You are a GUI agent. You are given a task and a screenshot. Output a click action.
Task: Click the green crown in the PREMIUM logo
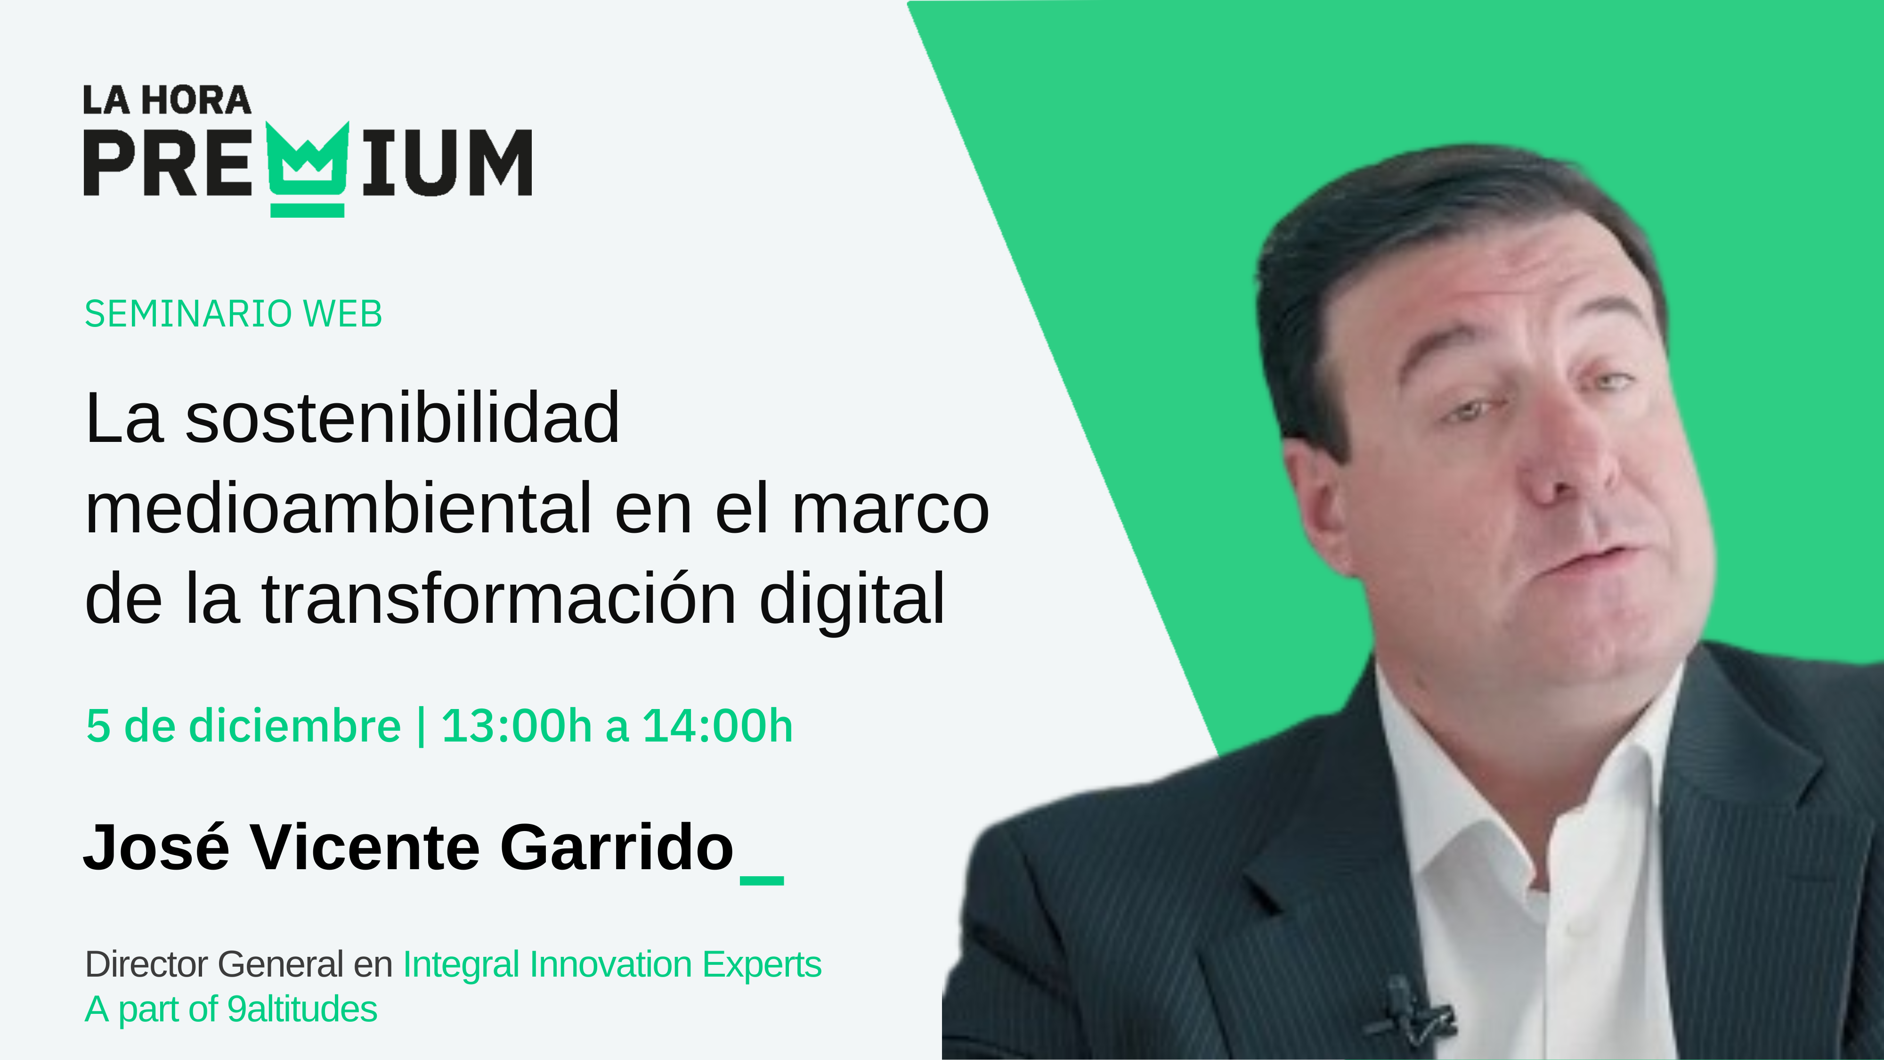click(x=307, y=168)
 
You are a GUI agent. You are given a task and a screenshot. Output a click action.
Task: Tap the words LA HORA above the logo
click(x=167, y=100)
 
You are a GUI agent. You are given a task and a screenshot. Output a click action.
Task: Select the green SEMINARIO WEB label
click(x=233, y=314)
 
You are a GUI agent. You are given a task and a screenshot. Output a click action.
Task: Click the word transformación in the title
click(x=498, y=599)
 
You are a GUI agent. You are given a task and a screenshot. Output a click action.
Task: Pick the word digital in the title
click(x=852, y=599)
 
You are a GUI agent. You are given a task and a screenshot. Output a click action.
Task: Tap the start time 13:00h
click(x=516, y=726)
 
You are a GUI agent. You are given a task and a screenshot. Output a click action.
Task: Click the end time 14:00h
click(x=717, y=726)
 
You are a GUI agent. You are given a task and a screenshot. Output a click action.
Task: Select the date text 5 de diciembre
click(x=244, y=726)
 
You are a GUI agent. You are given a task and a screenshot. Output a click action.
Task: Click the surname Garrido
click(x=617, y=847)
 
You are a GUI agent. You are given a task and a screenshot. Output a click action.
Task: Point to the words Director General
click(x=213, y=964)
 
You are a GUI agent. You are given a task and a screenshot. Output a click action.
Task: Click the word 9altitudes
click(x=301, y=1010)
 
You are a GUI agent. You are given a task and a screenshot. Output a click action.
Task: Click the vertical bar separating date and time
click(x=421, y=726)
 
